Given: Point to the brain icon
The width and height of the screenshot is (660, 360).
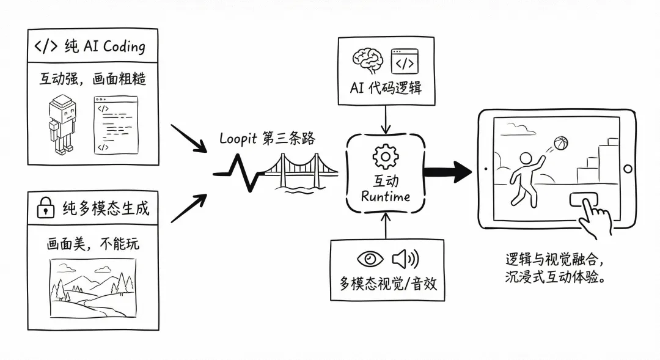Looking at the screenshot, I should tap(367, 62).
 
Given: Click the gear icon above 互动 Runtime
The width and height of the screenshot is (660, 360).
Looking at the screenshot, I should tap(385, 158).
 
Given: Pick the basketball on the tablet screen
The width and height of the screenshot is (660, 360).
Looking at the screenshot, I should tap(560, 144).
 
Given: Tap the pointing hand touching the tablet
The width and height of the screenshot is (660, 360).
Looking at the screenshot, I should tap(594, 217).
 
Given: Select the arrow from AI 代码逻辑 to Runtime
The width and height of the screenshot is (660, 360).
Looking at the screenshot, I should tap(385, 119).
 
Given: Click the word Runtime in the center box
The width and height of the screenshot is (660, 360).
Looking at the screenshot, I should tap(385, 196).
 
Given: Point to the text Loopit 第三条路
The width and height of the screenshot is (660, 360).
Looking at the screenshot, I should tap(267, 138).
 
